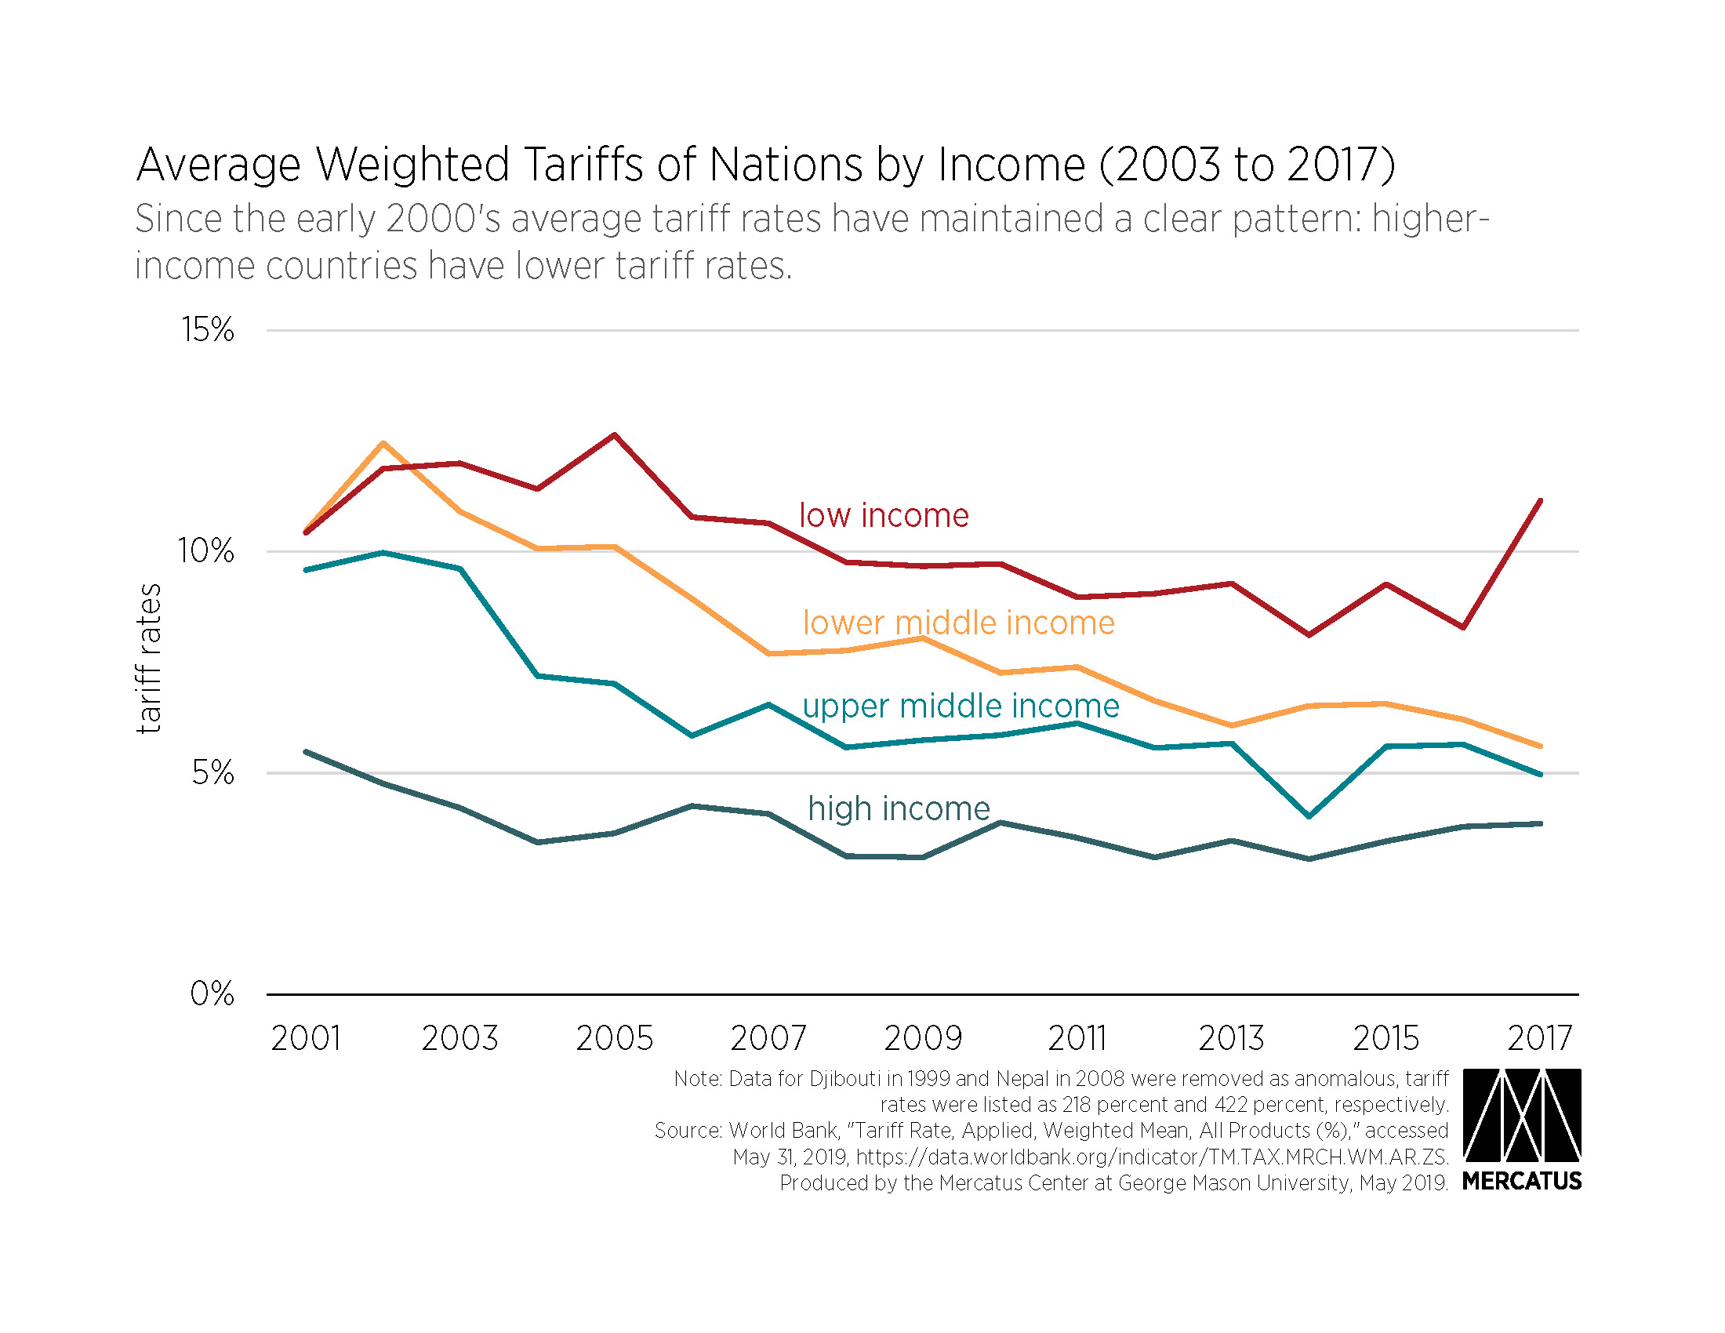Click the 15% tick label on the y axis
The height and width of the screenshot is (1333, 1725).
coord(208,330)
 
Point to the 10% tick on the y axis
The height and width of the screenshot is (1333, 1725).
coord(206,551)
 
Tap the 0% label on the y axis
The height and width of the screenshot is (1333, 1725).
coord(212,993)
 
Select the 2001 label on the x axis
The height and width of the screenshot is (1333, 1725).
coord(306,1038)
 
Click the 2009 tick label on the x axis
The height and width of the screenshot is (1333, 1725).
coord(923,1038)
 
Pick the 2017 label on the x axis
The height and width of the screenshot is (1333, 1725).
coord(1539,1038)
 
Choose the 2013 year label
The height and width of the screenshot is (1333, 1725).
coord(1231,1038)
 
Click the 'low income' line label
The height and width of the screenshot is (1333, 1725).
coord(884,516)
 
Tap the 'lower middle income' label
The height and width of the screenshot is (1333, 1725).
coord(959,623)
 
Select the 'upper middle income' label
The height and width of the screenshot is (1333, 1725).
coord(961,706)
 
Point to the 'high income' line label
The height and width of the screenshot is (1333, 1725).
coord(899,808)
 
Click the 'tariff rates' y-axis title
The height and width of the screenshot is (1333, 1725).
coord(149,659)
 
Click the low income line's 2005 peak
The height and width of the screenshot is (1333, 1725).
coord(615,434)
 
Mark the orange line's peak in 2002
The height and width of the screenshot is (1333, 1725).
coord(383,443)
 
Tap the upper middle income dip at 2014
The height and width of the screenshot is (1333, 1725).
coord(1309,815)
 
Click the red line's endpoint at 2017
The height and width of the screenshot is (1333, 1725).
coord(1540,501)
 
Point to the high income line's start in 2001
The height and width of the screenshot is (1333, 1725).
coord(306,752)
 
